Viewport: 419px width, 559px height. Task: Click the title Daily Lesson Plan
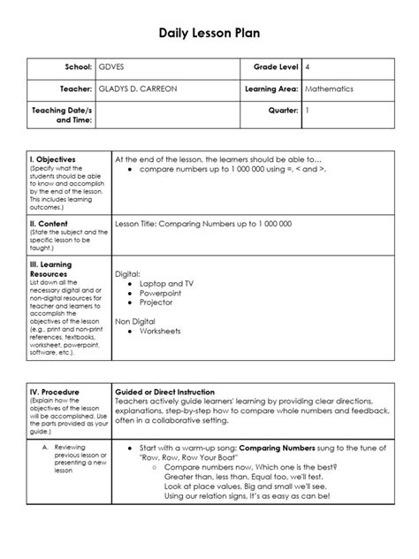209,34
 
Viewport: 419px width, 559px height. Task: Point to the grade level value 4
308,67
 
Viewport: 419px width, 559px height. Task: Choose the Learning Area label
269,90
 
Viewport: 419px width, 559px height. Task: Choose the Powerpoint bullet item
160,292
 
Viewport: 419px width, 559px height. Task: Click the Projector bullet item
156,302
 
